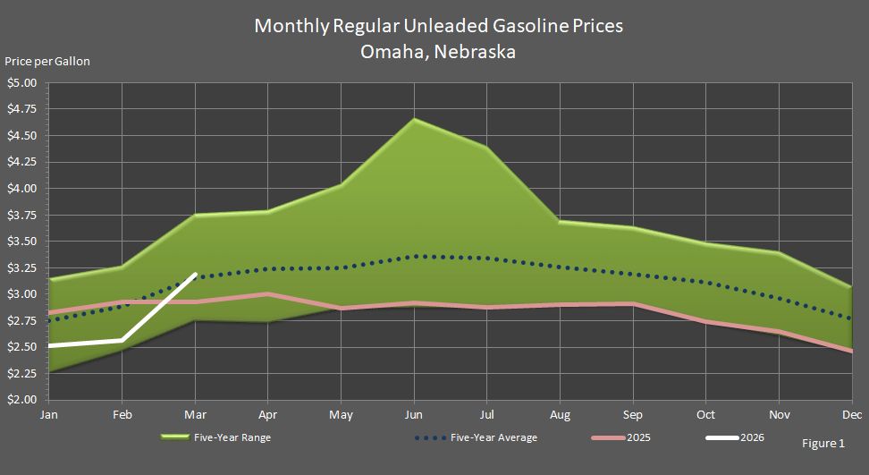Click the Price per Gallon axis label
47,62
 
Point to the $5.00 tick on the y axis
21,83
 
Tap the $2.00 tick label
21,400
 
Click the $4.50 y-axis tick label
21,136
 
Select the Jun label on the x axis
413,415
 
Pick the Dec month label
851,415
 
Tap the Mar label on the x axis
195,415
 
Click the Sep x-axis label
633,415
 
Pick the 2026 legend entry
751,438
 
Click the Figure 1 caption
823,444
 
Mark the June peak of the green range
414,119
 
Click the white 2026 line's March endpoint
195,275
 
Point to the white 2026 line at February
122,341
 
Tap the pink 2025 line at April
267,294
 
